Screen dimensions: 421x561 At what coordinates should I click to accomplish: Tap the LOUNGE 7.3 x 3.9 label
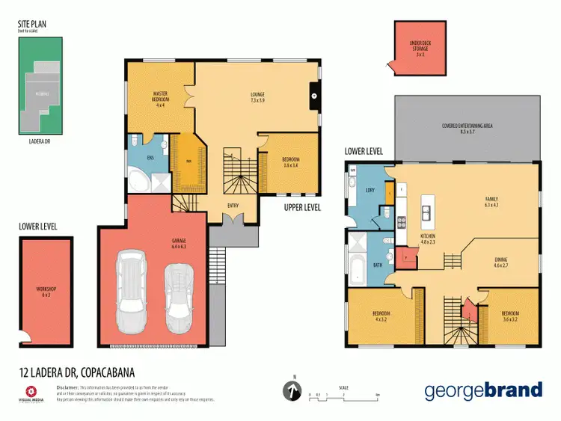tap(257, 96)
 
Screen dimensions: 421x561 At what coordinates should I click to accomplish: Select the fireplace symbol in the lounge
tap(314, 96)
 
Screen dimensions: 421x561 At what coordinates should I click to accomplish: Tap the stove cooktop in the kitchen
tap(401, 221)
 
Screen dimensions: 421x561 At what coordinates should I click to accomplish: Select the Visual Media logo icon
tap(31, 390)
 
